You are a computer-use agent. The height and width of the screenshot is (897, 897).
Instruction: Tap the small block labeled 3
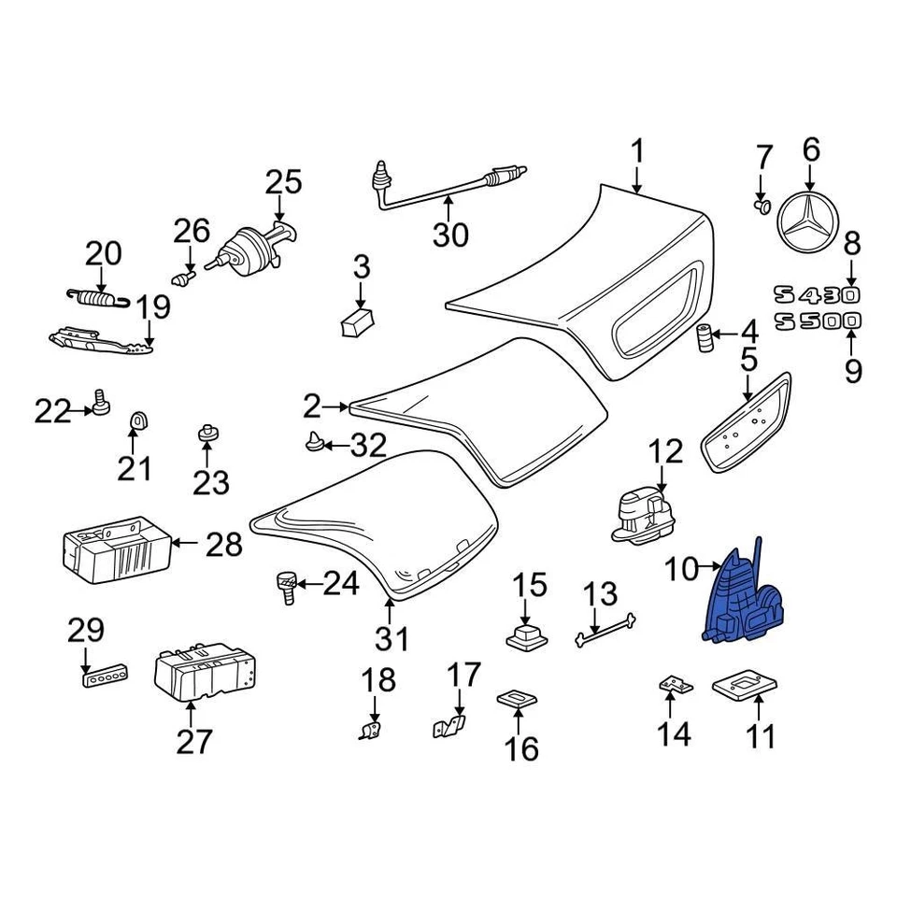356,322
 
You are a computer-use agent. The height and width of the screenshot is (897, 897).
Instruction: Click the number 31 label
392,640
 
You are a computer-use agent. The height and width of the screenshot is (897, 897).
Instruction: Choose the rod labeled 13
606,629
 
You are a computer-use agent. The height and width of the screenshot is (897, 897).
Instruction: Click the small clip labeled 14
676,685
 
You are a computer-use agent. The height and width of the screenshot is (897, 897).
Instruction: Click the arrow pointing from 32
335,446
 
